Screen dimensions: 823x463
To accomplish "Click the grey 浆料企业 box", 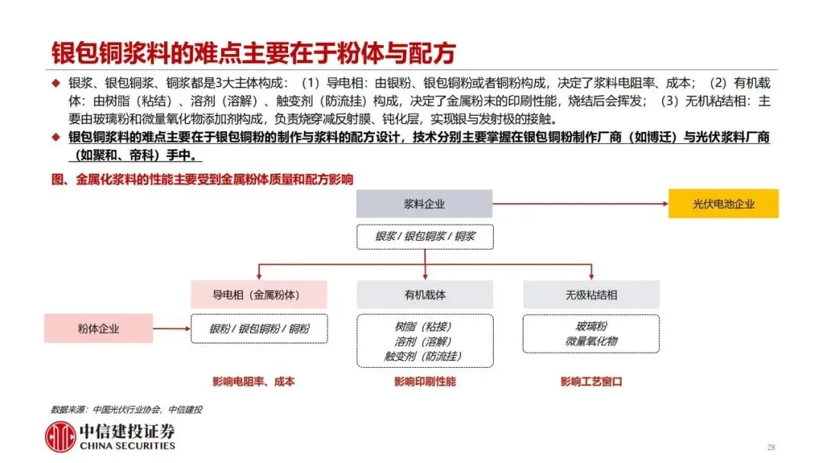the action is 424,204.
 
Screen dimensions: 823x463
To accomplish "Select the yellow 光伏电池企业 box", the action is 723,204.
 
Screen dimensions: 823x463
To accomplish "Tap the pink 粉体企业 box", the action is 98,329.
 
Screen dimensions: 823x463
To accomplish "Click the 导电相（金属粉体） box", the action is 258,295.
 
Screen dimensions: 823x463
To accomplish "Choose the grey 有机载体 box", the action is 424,295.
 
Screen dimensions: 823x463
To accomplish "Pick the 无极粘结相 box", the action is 591,295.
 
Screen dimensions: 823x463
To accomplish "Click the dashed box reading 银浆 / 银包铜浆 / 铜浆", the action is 424,237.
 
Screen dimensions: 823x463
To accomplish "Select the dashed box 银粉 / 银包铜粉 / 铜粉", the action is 258,329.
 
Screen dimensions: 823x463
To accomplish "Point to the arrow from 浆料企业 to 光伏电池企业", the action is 579,204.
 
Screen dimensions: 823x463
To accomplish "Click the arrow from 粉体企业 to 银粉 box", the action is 171,329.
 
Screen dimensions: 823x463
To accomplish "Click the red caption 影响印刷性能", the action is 424,382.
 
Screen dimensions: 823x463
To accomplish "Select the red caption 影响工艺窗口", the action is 591,382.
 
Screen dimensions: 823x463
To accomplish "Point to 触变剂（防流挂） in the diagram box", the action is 424,356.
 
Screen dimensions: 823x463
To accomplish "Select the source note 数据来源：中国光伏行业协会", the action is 126,409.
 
